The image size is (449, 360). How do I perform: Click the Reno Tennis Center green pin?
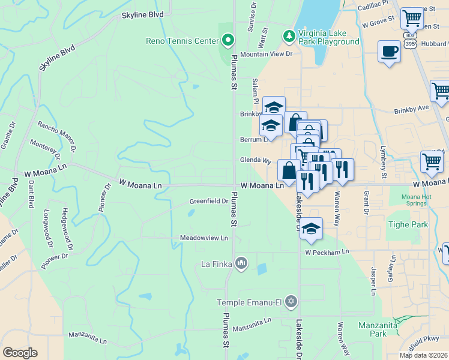coord(228,41)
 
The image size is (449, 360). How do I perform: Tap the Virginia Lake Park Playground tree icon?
coord(290,36)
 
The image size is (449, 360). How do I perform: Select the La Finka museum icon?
coord(241,263)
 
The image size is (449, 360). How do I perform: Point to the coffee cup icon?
coord(390,52)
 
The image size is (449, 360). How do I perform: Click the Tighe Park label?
coord(407,224)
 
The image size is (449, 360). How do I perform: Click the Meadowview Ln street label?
coord(205,238)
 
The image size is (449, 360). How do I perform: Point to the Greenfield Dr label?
coord(209,202)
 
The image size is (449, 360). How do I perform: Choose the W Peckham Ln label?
coord(327,253)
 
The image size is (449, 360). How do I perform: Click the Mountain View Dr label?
coord(266,54)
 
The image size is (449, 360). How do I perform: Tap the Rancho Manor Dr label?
coord(58,136)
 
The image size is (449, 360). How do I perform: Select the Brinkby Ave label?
coord(412,110)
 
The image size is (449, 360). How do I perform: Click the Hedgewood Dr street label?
coord(67,230)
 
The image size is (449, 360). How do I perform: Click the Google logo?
coord(20,353)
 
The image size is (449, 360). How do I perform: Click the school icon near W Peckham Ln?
coord(311,229)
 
